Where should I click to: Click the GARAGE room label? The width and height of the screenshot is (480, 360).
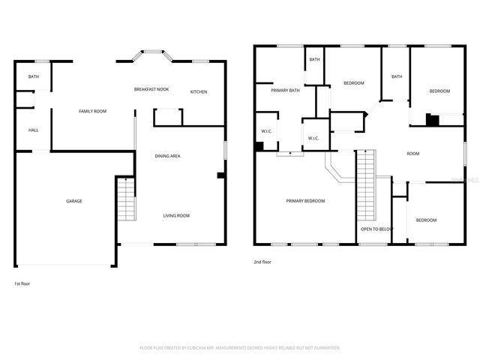click(73, 201)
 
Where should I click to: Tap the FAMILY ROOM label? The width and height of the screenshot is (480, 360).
click(93, 111)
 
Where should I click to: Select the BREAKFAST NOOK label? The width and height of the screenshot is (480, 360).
click(151, 89)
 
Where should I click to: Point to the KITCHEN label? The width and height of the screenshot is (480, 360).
click(199, 92)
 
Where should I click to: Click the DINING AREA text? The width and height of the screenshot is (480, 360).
click(167, 156)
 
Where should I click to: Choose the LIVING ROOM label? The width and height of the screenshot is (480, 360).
click(176, 215)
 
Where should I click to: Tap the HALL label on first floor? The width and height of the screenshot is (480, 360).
click(34, 130)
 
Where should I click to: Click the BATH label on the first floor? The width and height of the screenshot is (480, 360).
click(34, 77)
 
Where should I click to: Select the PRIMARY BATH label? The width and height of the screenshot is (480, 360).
click(285, 91)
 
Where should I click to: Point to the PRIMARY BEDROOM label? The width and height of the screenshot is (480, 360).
click(305, 201)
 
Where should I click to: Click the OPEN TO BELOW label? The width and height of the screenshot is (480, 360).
click(376, 229)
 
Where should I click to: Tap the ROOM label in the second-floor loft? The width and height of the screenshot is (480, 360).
click(412, 154)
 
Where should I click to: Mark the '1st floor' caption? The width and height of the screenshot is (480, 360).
click(22, 283)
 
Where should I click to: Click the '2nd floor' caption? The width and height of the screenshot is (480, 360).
click(263, 262)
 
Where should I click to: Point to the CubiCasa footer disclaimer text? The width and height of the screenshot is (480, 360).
click(240, 348)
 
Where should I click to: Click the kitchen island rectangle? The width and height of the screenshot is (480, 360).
click(168, 116)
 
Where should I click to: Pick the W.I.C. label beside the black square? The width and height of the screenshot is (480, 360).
click(267, 131)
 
